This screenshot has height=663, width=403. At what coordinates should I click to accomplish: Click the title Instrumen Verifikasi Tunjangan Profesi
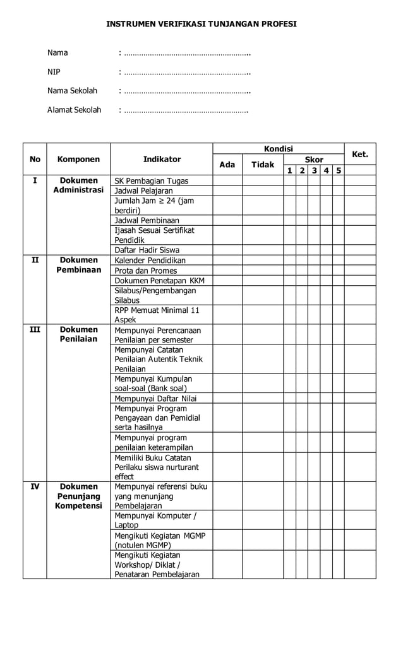(x=201, y=24)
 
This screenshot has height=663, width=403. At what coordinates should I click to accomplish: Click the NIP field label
(x=54, y=72)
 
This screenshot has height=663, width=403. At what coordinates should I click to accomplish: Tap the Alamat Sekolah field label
(x=74, y=110)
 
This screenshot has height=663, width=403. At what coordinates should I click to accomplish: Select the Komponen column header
(x=78, y=160)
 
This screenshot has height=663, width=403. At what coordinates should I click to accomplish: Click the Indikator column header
(x=162, y=160)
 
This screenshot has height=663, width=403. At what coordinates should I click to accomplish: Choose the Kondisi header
(x=278, y=149)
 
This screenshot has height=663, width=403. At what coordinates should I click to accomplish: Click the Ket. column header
(x=359, y=155)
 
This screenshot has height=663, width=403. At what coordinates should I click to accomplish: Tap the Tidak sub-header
(x=263, y=165)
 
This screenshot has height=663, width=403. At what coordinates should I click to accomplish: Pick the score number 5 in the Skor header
(x=339, y=170)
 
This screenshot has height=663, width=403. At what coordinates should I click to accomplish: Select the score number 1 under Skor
(x=289, y=170)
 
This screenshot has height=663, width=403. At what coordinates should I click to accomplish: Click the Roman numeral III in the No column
(x=35, y=329)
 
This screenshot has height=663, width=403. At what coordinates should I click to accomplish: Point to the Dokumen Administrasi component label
(x=78, y=185)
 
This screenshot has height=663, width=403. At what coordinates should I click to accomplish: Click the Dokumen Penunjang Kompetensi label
(x=78, y=496)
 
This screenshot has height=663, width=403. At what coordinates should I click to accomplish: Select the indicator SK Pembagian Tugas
(x=151, y=181)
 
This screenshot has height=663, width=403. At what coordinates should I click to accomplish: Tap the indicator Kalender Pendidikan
(x=150, y=261)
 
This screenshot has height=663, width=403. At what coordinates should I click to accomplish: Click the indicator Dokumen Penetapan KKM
(x=159, y=281)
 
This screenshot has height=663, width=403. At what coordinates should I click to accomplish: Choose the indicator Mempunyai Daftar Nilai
(x=155, y=399)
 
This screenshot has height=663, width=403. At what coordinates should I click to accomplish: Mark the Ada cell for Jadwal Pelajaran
(x=227, y=191)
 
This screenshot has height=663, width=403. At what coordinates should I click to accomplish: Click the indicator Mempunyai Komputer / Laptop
(x=155, y=520)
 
